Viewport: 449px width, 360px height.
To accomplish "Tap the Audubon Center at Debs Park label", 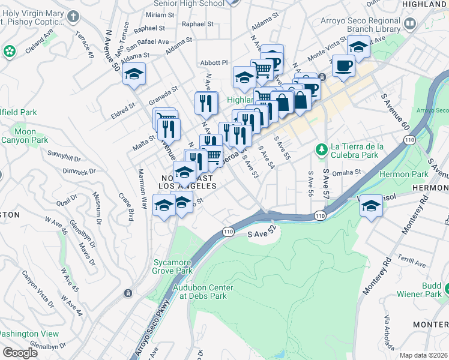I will [203, 292].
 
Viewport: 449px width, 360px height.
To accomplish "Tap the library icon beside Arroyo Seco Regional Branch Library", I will [410, 24].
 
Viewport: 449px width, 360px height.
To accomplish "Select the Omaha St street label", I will [346, 172].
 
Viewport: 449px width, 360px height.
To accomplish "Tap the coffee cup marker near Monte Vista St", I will [343, 66].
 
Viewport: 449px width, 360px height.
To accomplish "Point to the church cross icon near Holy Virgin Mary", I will [73, 15].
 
